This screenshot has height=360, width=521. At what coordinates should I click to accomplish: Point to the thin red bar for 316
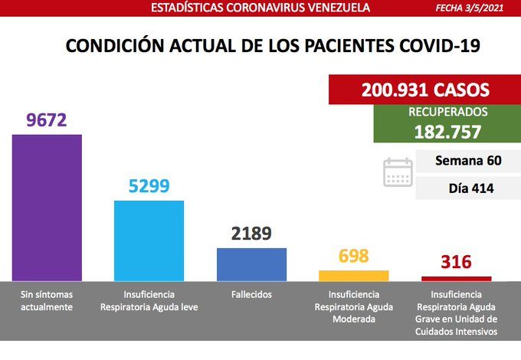(x=456, y=278)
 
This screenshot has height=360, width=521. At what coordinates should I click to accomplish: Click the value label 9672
(x=47, y=120)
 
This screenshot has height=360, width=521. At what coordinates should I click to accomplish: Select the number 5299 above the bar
(x=149, y=186)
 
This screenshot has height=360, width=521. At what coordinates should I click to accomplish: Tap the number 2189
(x=251, y=234)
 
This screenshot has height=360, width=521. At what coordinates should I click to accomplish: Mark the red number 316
(x=456, y=263)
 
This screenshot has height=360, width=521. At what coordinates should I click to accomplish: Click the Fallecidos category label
(x=251, y=294)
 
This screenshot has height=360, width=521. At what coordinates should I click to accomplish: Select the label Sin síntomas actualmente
(x=47, y=300)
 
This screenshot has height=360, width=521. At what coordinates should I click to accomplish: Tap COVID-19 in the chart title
(x=435, y=46)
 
